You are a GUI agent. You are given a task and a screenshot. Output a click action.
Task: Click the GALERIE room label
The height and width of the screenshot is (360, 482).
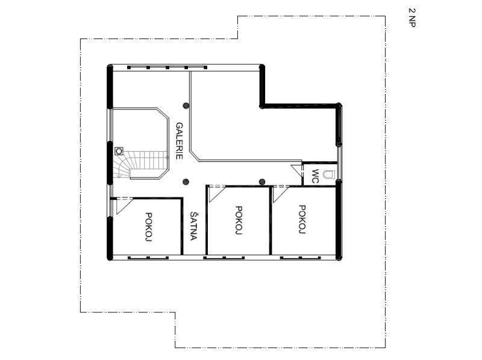[x=180, y=141]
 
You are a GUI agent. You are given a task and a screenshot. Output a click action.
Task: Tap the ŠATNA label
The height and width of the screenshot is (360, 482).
[x=193, y=226]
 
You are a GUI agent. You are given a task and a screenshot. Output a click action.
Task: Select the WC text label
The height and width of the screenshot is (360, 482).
[x=315, y=176]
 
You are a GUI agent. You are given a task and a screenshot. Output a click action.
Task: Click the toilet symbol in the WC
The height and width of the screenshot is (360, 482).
[x=328, y=175]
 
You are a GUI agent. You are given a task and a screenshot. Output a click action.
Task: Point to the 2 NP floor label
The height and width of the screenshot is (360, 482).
[x=412, y=17]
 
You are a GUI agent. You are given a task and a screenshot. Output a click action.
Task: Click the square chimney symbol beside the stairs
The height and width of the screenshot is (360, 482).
[x=119, y=151]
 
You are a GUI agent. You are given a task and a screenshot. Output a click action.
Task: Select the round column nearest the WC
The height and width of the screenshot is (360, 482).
[x=262, y=182]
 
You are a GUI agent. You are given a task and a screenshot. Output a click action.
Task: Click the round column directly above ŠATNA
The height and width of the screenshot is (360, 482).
[x=186, y=182]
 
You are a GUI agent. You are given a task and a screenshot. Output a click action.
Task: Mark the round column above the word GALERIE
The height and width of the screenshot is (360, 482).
[x=186, y=106]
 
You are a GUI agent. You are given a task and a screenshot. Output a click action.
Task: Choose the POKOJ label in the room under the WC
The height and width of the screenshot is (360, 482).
[x=302, y=219]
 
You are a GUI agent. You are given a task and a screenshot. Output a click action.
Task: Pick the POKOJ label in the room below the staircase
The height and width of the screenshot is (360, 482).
[x=149, y=227]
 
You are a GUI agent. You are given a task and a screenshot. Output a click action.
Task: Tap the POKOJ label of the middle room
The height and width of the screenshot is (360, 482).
[x=239, y=220]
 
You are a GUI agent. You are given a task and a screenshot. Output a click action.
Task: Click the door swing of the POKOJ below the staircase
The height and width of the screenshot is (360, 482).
[x=124, y=206]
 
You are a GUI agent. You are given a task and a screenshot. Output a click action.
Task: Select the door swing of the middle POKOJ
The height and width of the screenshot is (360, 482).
[x=217, y=194]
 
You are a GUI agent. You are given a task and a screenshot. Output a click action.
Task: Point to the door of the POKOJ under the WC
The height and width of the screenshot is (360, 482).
[x=281, y=194]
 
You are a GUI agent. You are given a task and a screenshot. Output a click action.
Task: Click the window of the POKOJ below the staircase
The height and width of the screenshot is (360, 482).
[x=148, y=258]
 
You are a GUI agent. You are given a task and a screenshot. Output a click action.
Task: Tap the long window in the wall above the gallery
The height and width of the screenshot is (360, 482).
[x=167, y=67]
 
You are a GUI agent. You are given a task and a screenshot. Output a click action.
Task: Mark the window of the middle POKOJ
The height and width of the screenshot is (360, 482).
[x=224, y=258]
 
